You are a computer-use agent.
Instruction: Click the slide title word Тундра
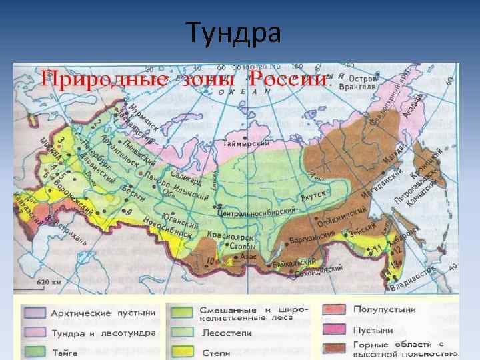(233, 33)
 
